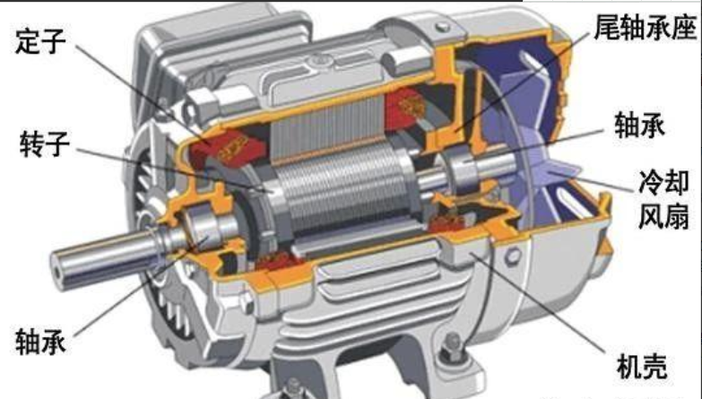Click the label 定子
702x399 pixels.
pyautogui.click(x=40, y=41)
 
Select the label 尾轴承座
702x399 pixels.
pyautogui.click(x=646, y=27)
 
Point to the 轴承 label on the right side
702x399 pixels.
pyautogui.click(x=639, y=124)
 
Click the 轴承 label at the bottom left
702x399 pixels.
pyautogui.click(x=40, y=341)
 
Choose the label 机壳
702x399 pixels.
pyautogui.click(x=642, y=367)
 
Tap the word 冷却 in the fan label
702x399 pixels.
pyautogui.click(x=663, y=182)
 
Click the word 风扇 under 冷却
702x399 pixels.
pyautogui.click(x=663, y=216)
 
